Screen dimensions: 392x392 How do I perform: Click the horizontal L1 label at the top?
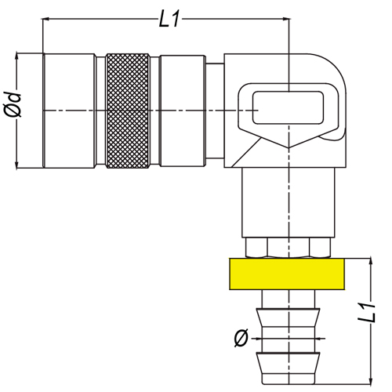tap(169, 19)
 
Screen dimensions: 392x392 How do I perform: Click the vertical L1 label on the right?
tap(367, 313)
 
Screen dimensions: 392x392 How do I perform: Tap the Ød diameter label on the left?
tap(13, 104)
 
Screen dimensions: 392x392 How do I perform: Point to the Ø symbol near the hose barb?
tap(241, 339)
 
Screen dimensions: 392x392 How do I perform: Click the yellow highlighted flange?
tap(287, 274)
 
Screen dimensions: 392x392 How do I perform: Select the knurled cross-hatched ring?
tap(128, 111)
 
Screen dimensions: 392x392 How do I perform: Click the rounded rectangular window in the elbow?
tap(288, 107)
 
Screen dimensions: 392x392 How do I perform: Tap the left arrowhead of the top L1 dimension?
tap(45, 19)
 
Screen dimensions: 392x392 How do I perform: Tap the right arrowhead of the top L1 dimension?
tap(287, 19)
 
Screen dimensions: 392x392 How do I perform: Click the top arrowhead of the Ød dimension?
tap(17, 56)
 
